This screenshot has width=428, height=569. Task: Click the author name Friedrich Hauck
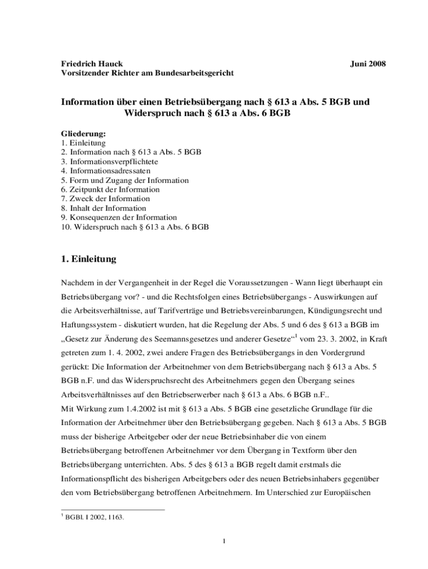[92, 64]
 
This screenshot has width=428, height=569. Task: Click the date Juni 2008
[367, 64]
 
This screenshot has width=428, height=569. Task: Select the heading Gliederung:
[83, 134]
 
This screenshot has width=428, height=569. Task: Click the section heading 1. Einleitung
[88, 258]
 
